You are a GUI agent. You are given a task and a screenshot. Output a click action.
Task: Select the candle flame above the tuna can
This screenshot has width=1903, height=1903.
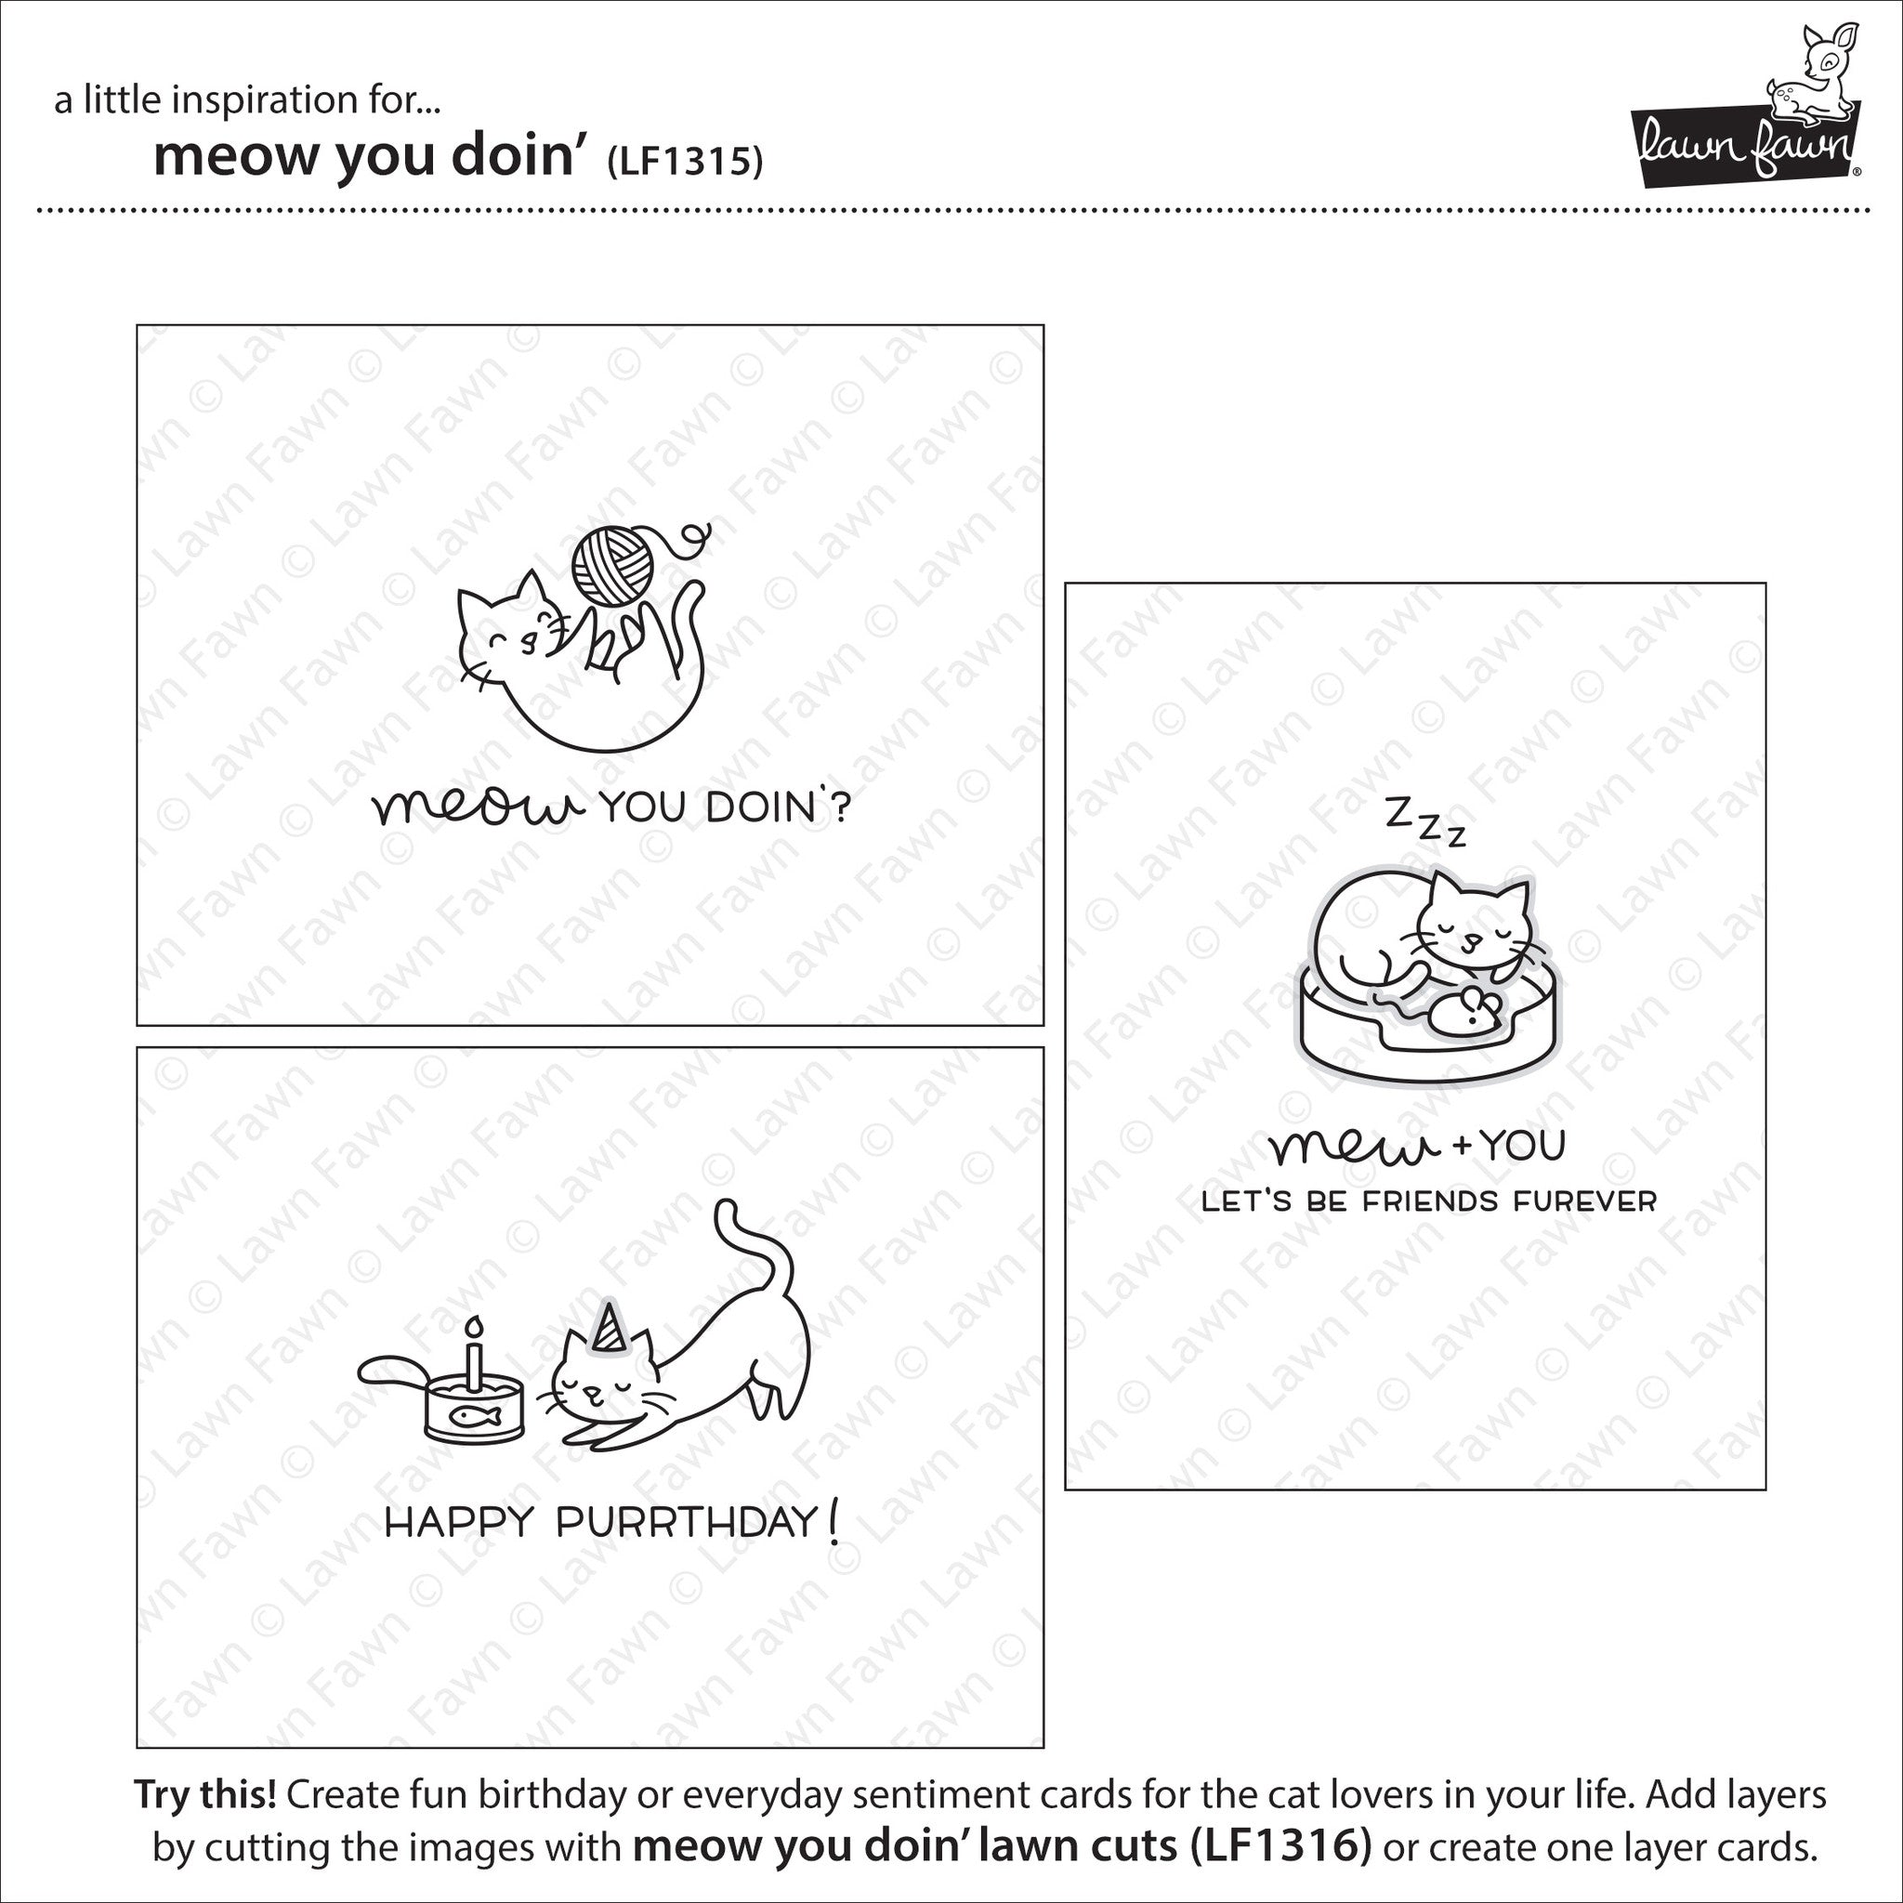[x=476, y=1325]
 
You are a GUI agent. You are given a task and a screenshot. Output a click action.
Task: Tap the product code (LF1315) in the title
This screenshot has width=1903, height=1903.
[x=684, y=161]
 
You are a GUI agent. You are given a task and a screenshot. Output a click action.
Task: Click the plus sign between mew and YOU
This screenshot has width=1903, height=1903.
[x=1460, y=1145]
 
